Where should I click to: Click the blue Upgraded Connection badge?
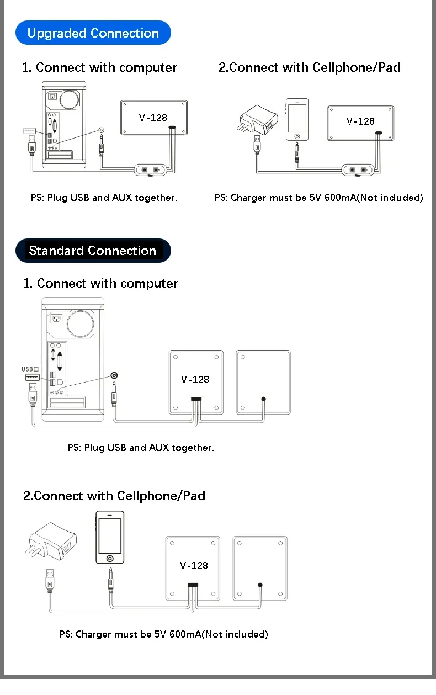(x=93, y=33)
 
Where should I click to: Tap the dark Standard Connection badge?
(x=93, y=251)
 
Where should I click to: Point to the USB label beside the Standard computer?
(x=30, y=369)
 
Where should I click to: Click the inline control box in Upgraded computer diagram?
(x=151, y=169)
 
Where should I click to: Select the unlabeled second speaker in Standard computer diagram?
(x=263, y=382)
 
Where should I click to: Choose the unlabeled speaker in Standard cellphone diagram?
(x=260, y=568)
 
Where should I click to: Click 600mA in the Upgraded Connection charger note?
(x=341, y=198)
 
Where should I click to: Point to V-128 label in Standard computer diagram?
(x=195, y=379)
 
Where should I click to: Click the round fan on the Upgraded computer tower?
(x=70, y=99)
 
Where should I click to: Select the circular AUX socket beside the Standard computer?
(x=114, y=376)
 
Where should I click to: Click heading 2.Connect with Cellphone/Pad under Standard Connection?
(x=114, y=496)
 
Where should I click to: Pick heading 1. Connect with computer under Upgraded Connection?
(x=99, y=67)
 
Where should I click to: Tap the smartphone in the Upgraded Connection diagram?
(x=297, y=120)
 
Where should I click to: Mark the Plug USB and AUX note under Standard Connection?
(x=141, y=448)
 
